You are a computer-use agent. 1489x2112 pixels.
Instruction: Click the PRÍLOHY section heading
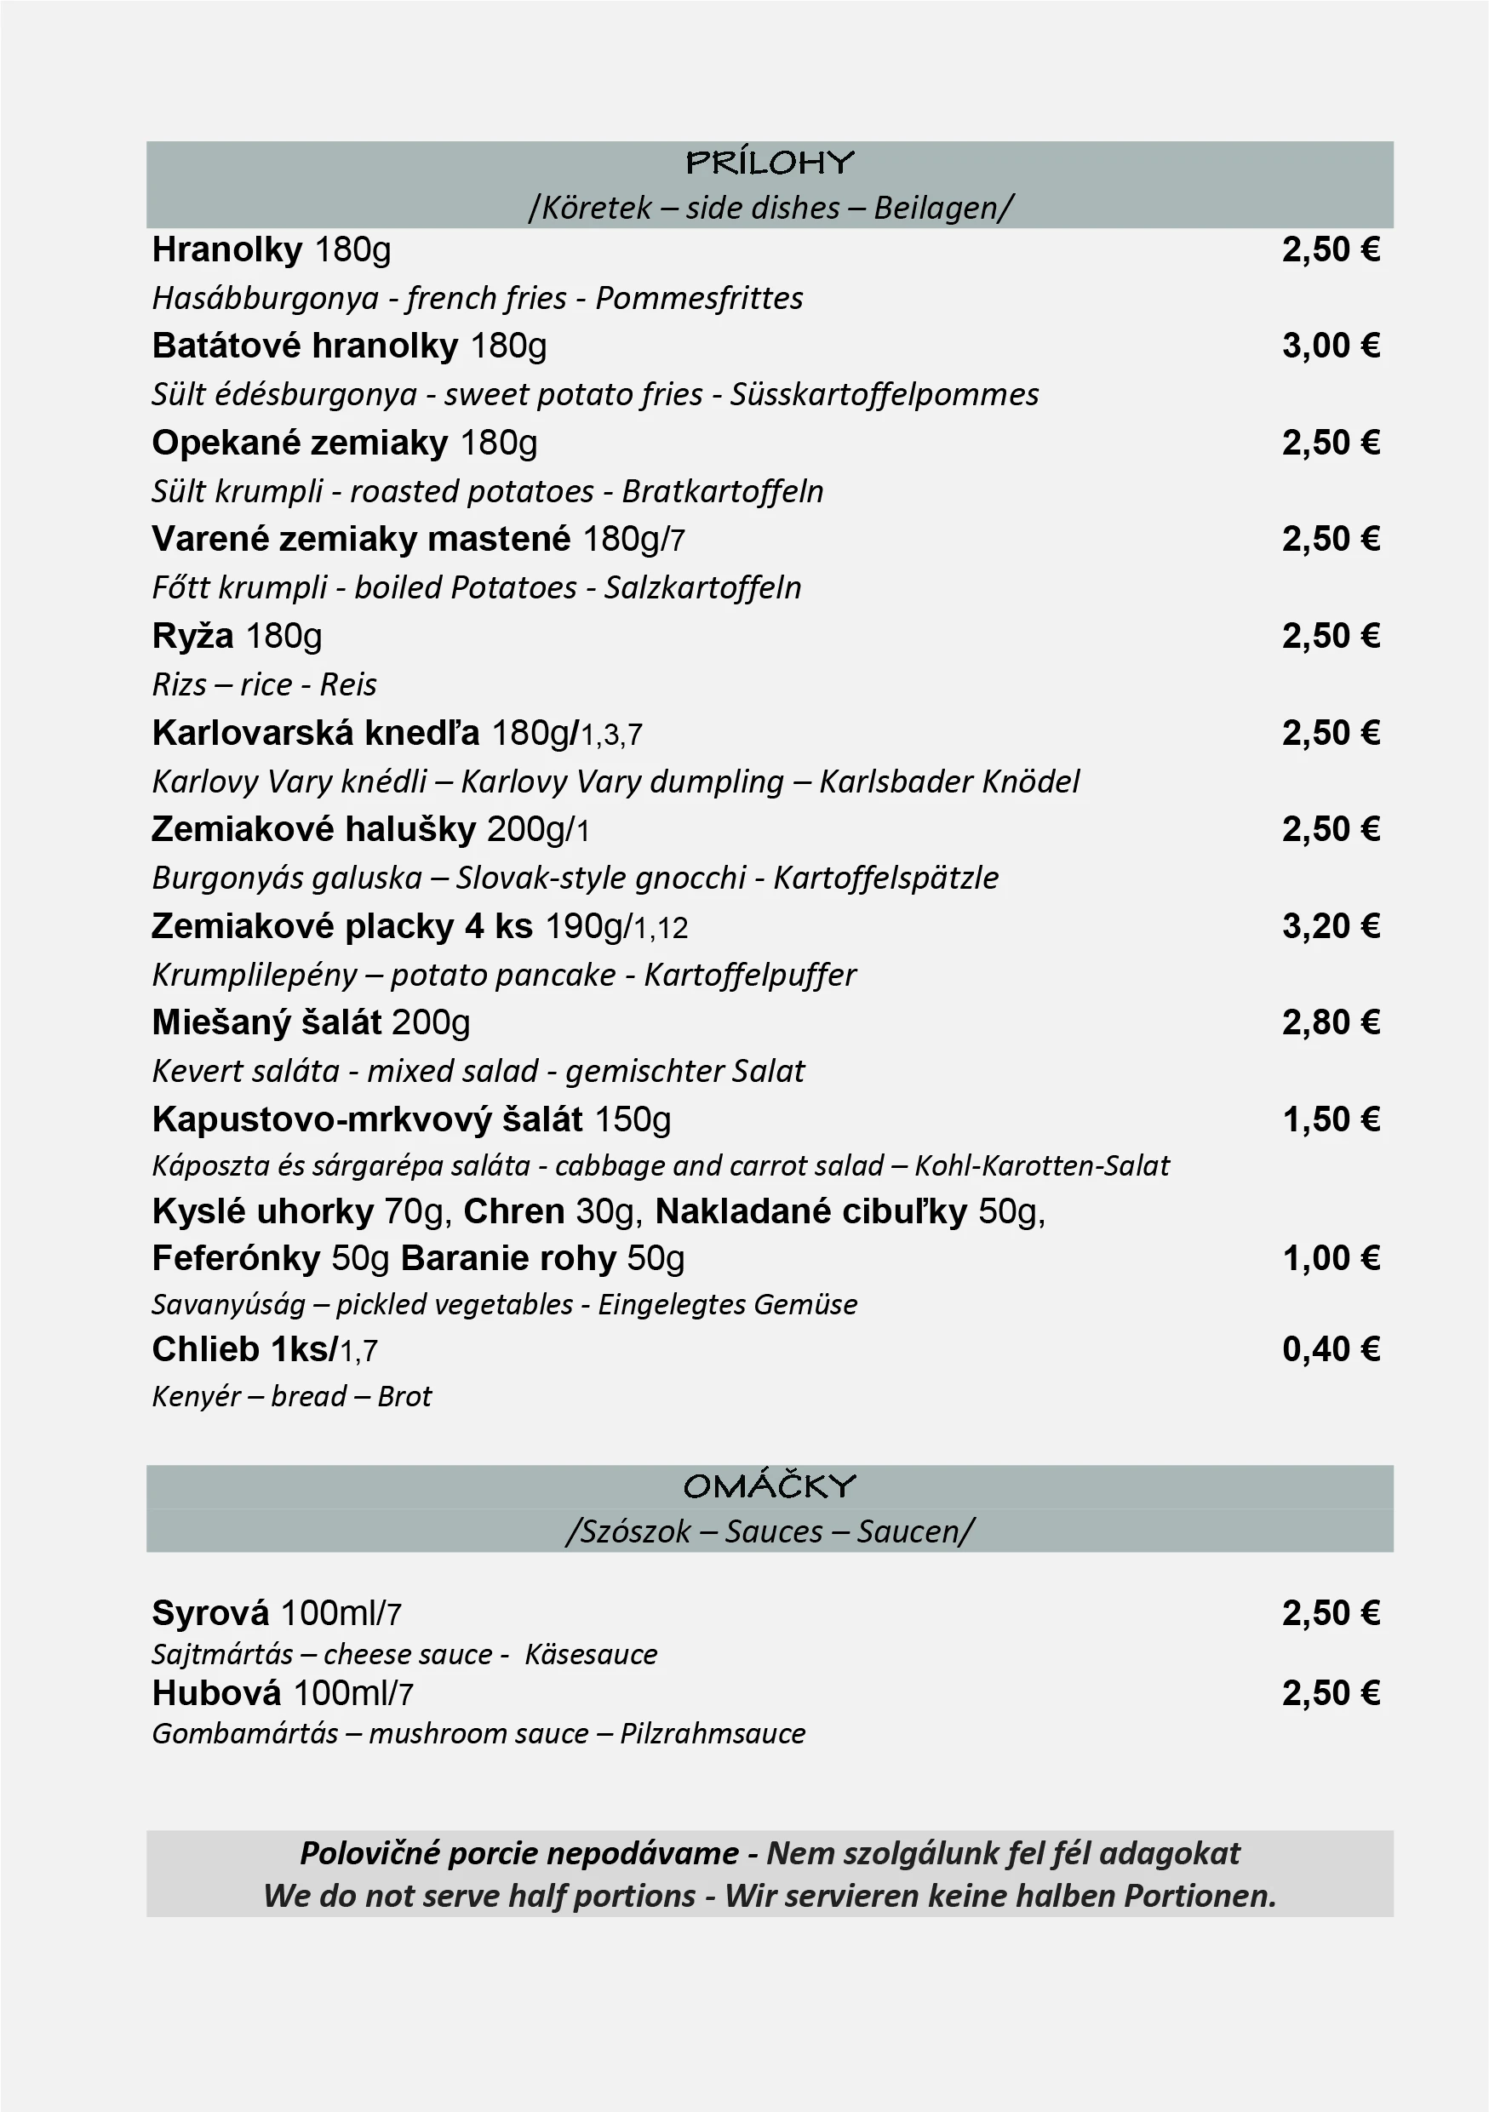[x=770, y=163]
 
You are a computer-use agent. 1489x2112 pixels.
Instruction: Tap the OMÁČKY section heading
[x=770, y=1485]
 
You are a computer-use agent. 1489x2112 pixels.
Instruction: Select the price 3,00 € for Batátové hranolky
[x=1331, y=346]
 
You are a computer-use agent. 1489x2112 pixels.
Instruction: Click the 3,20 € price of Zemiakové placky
[x=1331, y=926]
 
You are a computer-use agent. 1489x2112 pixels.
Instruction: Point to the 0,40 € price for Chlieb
[x=1331, y=1349]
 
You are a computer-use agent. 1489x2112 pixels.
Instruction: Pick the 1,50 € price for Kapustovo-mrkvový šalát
[x=1331, y=1119]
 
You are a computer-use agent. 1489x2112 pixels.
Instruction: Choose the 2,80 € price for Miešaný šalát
[x=1331, y=1023]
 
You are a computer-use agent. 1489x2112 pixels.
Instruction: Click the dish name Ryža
[x=192, y=637]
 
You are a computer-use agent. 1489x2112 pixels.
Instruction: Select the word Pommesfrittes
[x=699, y=298]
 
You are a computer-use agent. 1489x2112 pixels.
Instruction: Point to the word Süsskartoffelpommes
[x=884, y=395]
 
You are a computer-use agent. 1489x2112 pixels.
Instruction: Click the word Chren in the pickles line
[x=513, y=1211]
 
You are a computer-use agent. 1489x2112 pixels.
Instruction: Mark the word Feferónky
[x=236, y=1258]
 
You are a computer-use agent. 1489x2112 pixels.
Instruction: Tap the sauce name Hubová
[x=216, y=1692]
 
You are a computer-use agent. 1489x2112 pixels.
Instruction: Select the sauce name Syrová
[x=210, y=1612]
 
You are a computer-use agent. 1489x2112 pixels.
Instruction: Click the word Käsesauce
[x=591, y=1654]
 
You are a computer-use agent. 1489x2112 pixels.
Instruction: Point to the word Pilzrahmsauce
[x=712, y=1734]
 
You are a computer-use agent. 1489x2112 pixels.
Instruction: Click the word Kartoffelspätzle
[x=885, y=878]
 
